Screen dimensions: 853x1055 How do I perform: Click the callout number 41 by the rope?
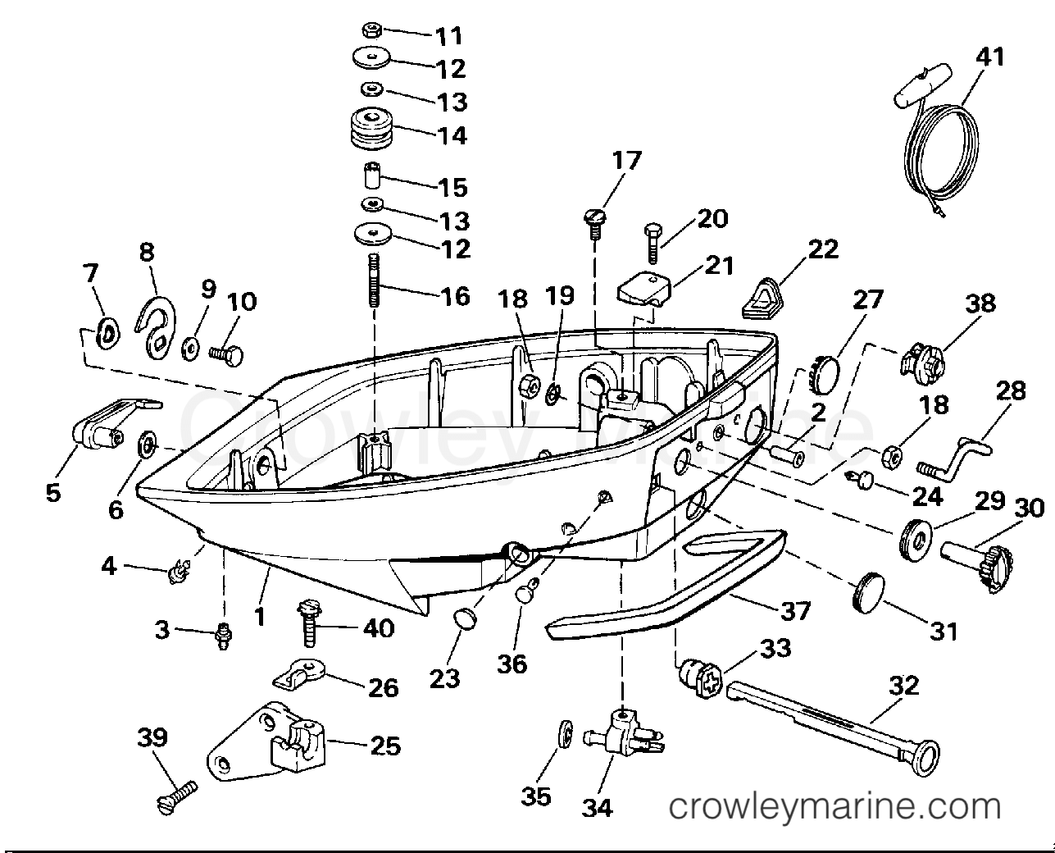989,57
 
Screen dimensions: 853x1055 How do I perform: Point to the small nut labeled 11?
370,31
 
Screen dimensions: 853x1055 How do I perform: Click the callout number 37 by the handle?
796,611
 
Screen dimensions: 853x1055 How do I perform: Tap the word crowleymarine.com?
835,806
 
